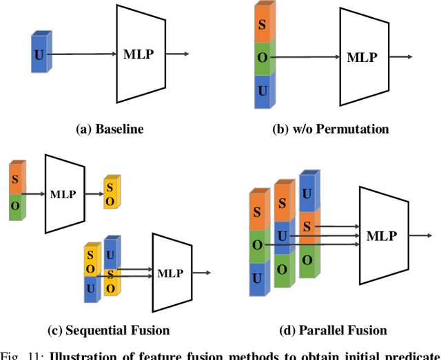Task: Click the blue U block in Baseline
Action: pyautogui.click(x=40, y=53)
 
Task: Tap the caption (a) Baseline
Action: pyautogui.click(x=110, y=129)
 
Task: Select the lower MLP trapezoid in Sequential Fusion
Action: pyautogui.click(x=170, y=273)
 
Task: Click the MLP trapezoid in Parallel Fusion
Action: pyautogui.click(x=381, y=236)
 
